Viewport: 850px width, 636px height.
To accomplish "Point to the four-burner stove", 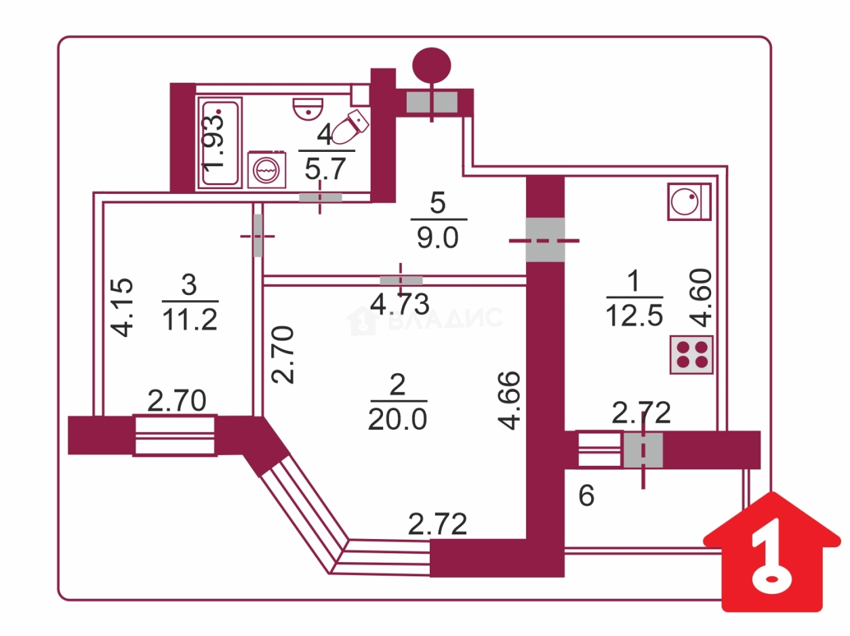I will [691, 354].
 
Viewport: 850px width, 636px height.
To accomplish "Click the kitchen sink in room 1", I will [688, 201].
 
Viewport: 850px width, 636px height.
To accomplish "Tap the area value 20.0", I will [397, 420].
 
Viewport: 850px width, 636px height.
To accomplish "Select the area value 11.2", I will [190, 319].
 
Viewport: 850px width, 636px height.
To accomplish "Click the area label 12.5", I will [634, 317].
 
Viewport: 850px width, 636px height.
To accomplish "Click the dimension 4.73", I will [400, 304].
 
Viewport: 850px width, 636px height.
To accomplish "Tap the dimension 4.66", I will [510, 399].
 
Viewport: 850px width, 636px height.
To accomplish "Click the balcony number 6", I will [586, 496].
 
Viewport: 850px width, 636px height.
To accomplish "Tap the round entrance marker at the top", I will [432, 65].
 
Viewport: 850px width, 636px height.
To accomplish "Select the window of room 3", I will [175, 435].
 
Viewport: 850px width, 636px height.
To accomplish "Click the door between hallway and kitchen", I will [545, 240].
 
